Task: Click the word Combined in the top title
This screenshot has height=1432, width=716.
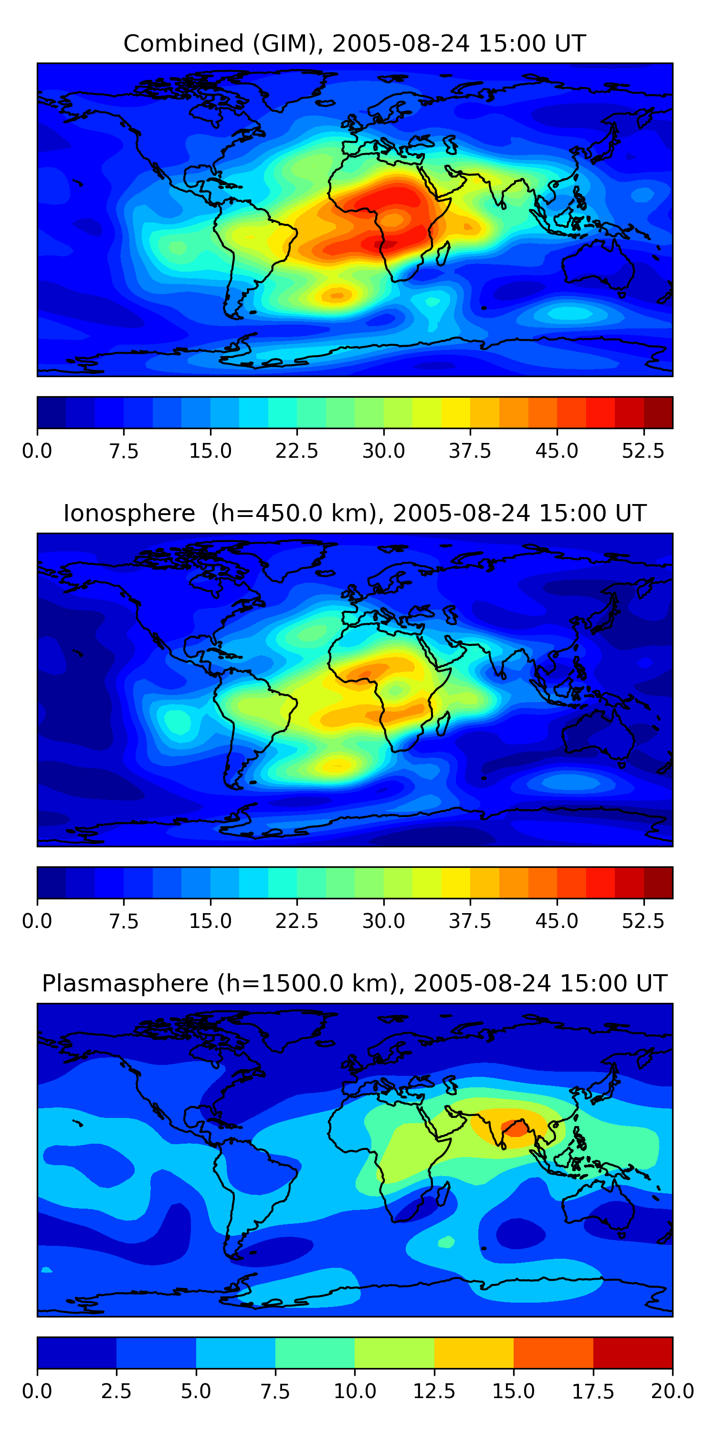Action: tap(183, 44)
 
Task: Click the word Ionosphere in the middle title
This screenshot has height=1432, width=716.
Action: tap(129, 513)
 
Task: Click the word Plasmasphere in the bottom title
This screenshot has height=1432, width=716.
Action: tap(125, 983)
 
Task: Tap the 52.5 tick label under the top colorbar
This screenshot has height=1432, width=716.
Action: tap(643, 451)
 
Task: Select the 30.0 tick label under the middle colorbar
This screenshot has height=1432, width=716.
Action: tap(384, 921)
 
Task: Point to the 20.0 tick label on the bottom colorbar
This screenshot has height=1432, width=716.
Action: tap(672, 1391)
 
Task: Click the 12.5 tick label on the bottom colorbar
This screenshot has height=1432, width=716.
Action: tap(434, 1391)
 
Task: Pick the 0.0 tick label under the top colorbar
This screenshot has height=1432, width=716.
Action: tap(37, 451)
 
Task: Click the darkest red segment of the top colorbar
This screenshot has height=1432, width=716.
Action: tap(658, 412)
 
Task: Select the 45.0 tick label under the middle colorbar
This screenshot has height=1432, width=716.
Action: tap(557, 921)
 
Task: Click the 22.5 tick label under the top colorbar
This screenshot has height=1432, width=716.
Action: tap(297, 451)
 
